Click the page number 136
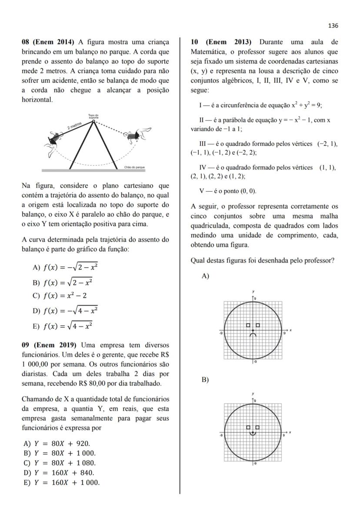[333, 26]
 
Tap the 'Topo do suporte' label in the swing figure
[93, 116]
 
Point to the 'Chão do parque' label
[134, 167]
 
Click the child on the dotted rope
[137, 135]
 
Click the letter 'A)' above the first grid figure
[205, 276]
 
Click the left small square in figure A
[248, 325]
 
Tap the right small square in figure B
[257, 428]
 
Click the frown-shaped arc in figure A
[253, 335]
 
